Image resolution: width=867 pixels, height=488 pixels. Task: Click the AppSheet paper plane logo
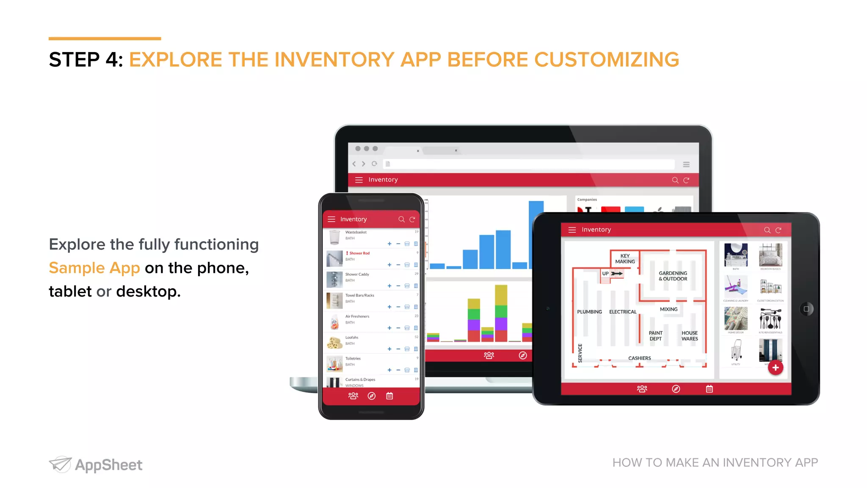click(60, 464)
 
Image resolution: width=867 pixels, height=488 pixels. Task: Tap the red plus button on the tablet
click(775, 368)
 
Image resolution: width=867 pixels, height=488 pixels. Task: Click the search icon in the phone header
click(401, 219)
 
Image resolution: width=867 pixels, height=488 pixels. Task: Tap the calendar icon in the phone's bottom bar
click(389, 396)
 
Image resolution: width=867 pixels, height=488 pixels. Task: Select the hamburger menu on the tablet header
click(572, 230)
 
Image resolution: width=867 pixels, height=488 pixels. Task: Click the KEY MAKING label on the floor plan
click(625, 259)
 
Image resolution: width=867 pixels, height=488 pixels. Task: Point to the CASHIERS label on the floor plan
click(639, 358)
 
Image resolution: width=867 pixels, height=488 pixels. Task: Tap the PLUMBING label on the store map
click(589, 312)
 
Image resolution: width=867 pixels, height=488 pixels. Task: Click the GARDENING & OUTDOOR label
click(673, 276)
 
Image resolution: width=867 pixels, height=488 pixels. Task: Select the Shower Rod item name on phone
click(359, 253)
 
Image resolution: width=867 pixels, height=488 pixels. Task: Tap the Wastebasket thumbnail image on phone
click(334, 237)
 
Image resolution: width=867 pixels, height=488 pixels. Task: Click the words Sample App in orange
click(94, 268)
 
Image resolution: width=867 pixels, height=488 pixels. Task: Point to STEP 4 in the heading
click(86, 59)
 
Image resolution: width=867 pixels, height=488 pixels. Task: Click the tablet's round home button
click(806, 309)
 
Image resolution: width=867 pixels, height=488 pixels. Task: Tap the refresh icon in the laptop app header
click(686, 180)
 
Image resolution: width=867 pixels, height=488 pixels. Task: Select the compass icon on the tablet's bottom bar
click(676, 389)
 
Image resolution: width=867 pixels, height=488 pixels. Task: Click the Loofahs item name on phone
click(352, 338)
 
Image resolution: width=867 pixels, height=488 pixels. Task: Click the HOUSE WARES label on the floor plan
click(690, 336)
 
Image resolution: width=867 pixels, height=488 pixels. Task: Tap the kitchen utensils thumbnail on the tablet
click(770, 319)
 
